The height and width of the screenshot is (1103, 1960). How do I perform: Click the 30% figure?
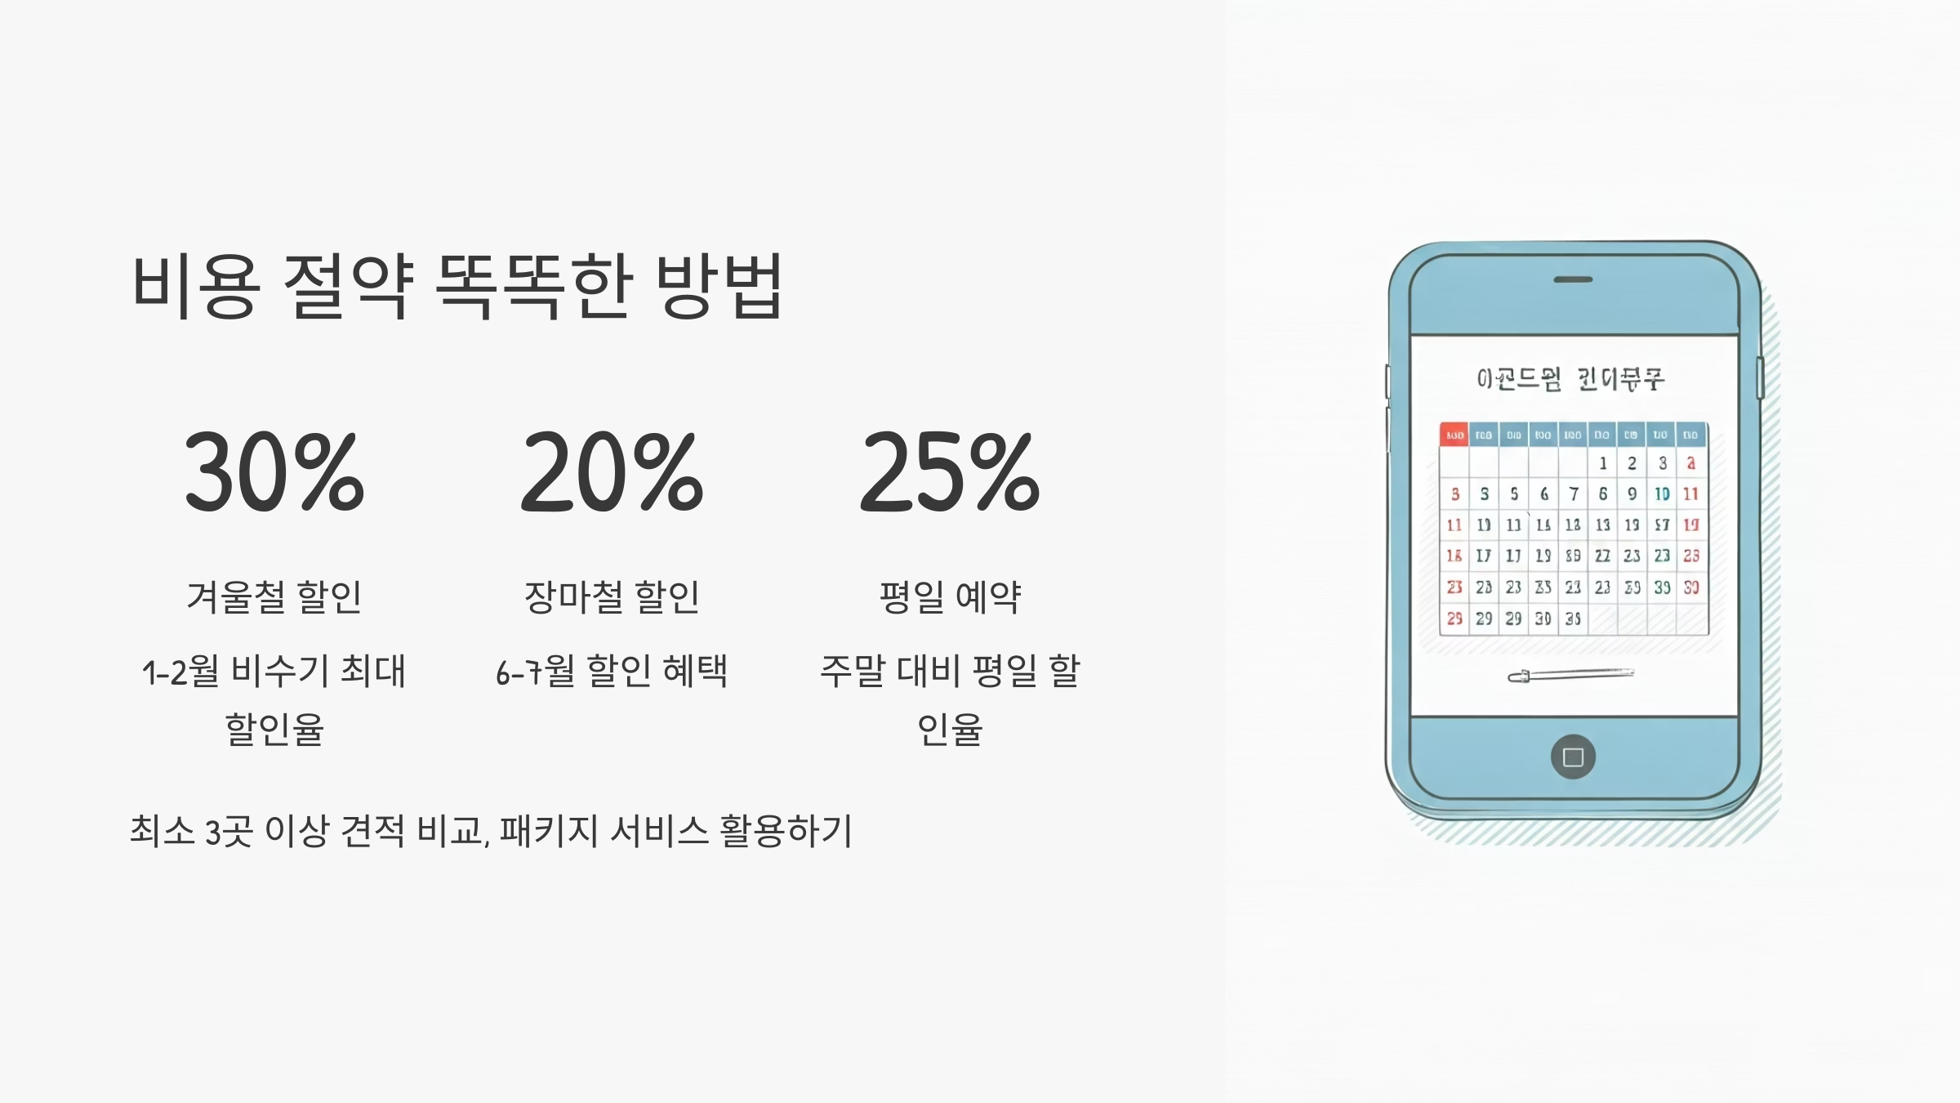tap(274, 473)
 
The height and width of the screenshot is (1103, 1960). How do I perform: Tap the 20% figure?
tap(612, 473)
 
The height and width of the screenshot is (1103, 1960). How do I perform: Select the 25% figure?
tap(950, 473)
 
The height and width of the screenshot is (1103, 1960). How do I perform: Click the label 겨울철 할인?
tap(274, 596)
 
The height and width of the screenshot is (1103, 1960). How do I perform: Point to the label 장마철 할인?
tap(612, 596)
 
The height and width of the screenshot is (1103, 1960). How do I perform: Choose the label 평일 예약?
tap(950, 596)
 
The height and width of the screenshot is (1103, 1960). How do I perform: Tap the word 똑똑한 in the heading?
tap(534, 285)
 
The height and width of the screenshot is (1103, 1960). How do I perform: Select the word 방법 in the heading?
tap(719, 285)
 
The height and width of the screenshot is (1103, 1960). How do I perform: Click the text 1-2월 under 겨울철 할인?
tap(180, 672)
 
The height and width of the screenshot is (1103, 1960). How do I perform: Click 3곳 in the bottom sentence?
tap(228, 832)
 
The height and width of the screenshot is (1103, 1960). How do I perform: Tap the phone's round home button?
tap(1573, 757)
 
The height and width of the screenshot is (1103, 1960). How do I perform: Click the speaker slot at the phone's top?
tap(1573, 279)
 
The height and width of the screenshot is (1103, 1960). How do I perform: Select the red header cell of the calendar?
tap(1454, 435)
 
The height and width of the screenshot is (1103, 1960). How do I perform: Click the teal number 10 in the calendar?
tap(1662, 493)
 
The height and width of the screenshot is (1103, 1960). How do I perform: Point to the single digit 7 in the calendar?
tap(1574, 493)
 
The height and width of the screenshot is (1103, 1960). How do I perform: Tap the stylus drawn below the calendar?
tap(1570, 675)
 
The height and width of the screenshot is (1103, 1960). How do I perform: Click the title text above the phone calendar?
tap(1570, 379)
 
